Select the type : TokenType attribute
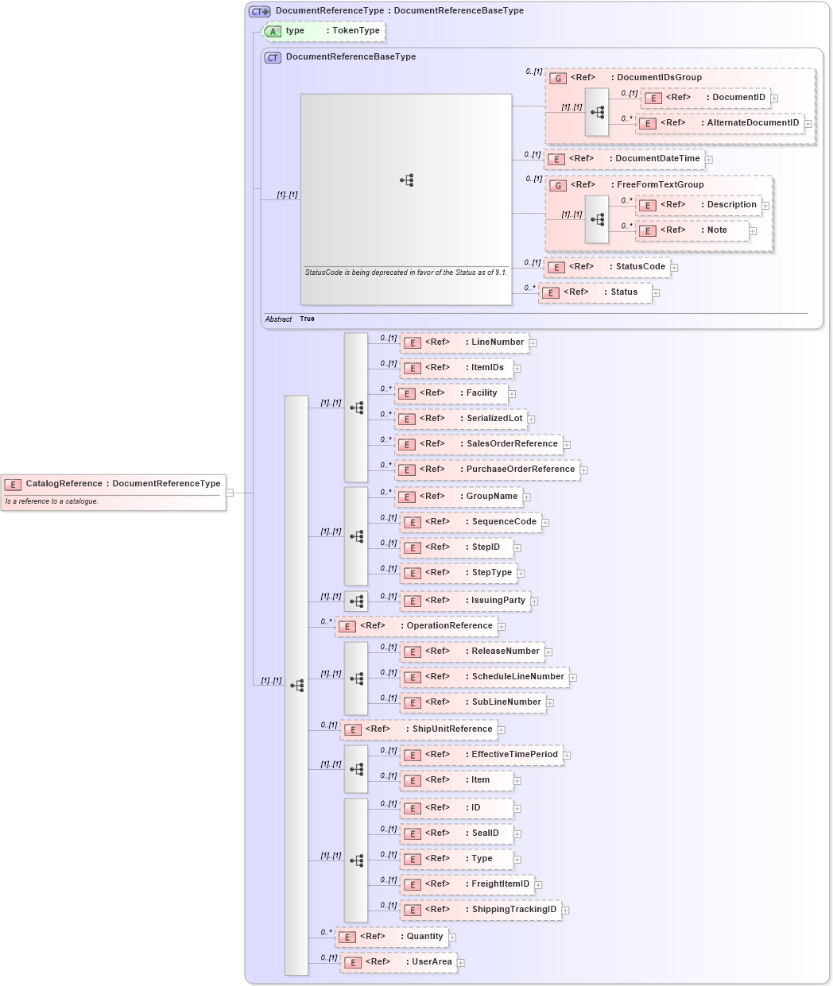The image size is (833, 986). click(324, 31)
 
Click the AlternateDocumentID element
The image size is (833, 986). click(719, 123)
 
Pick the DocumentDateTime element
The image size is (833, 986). click(625, 159)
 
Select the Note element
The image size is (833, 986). click(692, 230)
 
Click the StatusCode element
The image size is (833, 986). click(607, 267)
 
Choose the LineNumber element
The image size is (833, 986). click(464, 342)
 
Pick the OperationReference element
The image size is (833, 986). click(416, 626)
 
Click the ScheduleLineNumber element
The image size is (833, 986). click(484, 677)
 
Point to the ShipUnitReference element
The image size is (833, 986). click(419, 729)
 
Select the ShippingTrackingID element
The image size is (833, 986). click(481, 910)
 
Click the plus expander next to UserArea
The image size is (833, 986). click(460, 963)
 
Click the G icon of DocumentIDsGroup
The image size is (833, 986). click(558, 78)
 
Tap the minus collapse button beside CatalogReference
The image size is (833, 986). click(230, 493)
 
